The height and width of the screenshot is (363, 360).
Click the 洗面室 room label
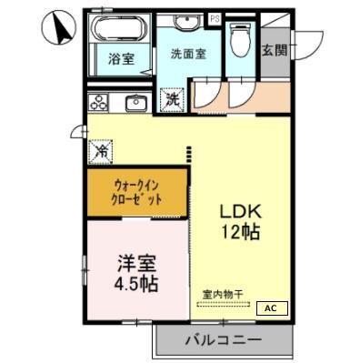[x=188, y=54]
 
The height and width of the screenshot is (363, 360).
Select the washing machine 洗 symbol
[x=172, y=99]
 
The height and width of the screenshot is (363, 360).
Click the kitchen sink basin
[x=137, y=102]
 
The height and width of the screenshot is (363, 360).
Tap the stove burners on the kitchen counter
[x=98, y=102]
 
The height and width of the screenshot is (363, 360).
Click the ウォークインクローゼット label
[x=138, y=191]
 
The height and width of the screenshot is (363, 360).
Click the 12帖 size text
[x=241, y=232]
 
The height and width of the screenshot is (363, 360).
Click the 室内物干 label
[x=222, y=295]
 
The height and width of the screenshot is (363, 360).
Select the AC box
[x=271, y=308]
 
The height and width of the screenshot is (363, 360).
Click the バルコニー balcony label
[x=225, y=341]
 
